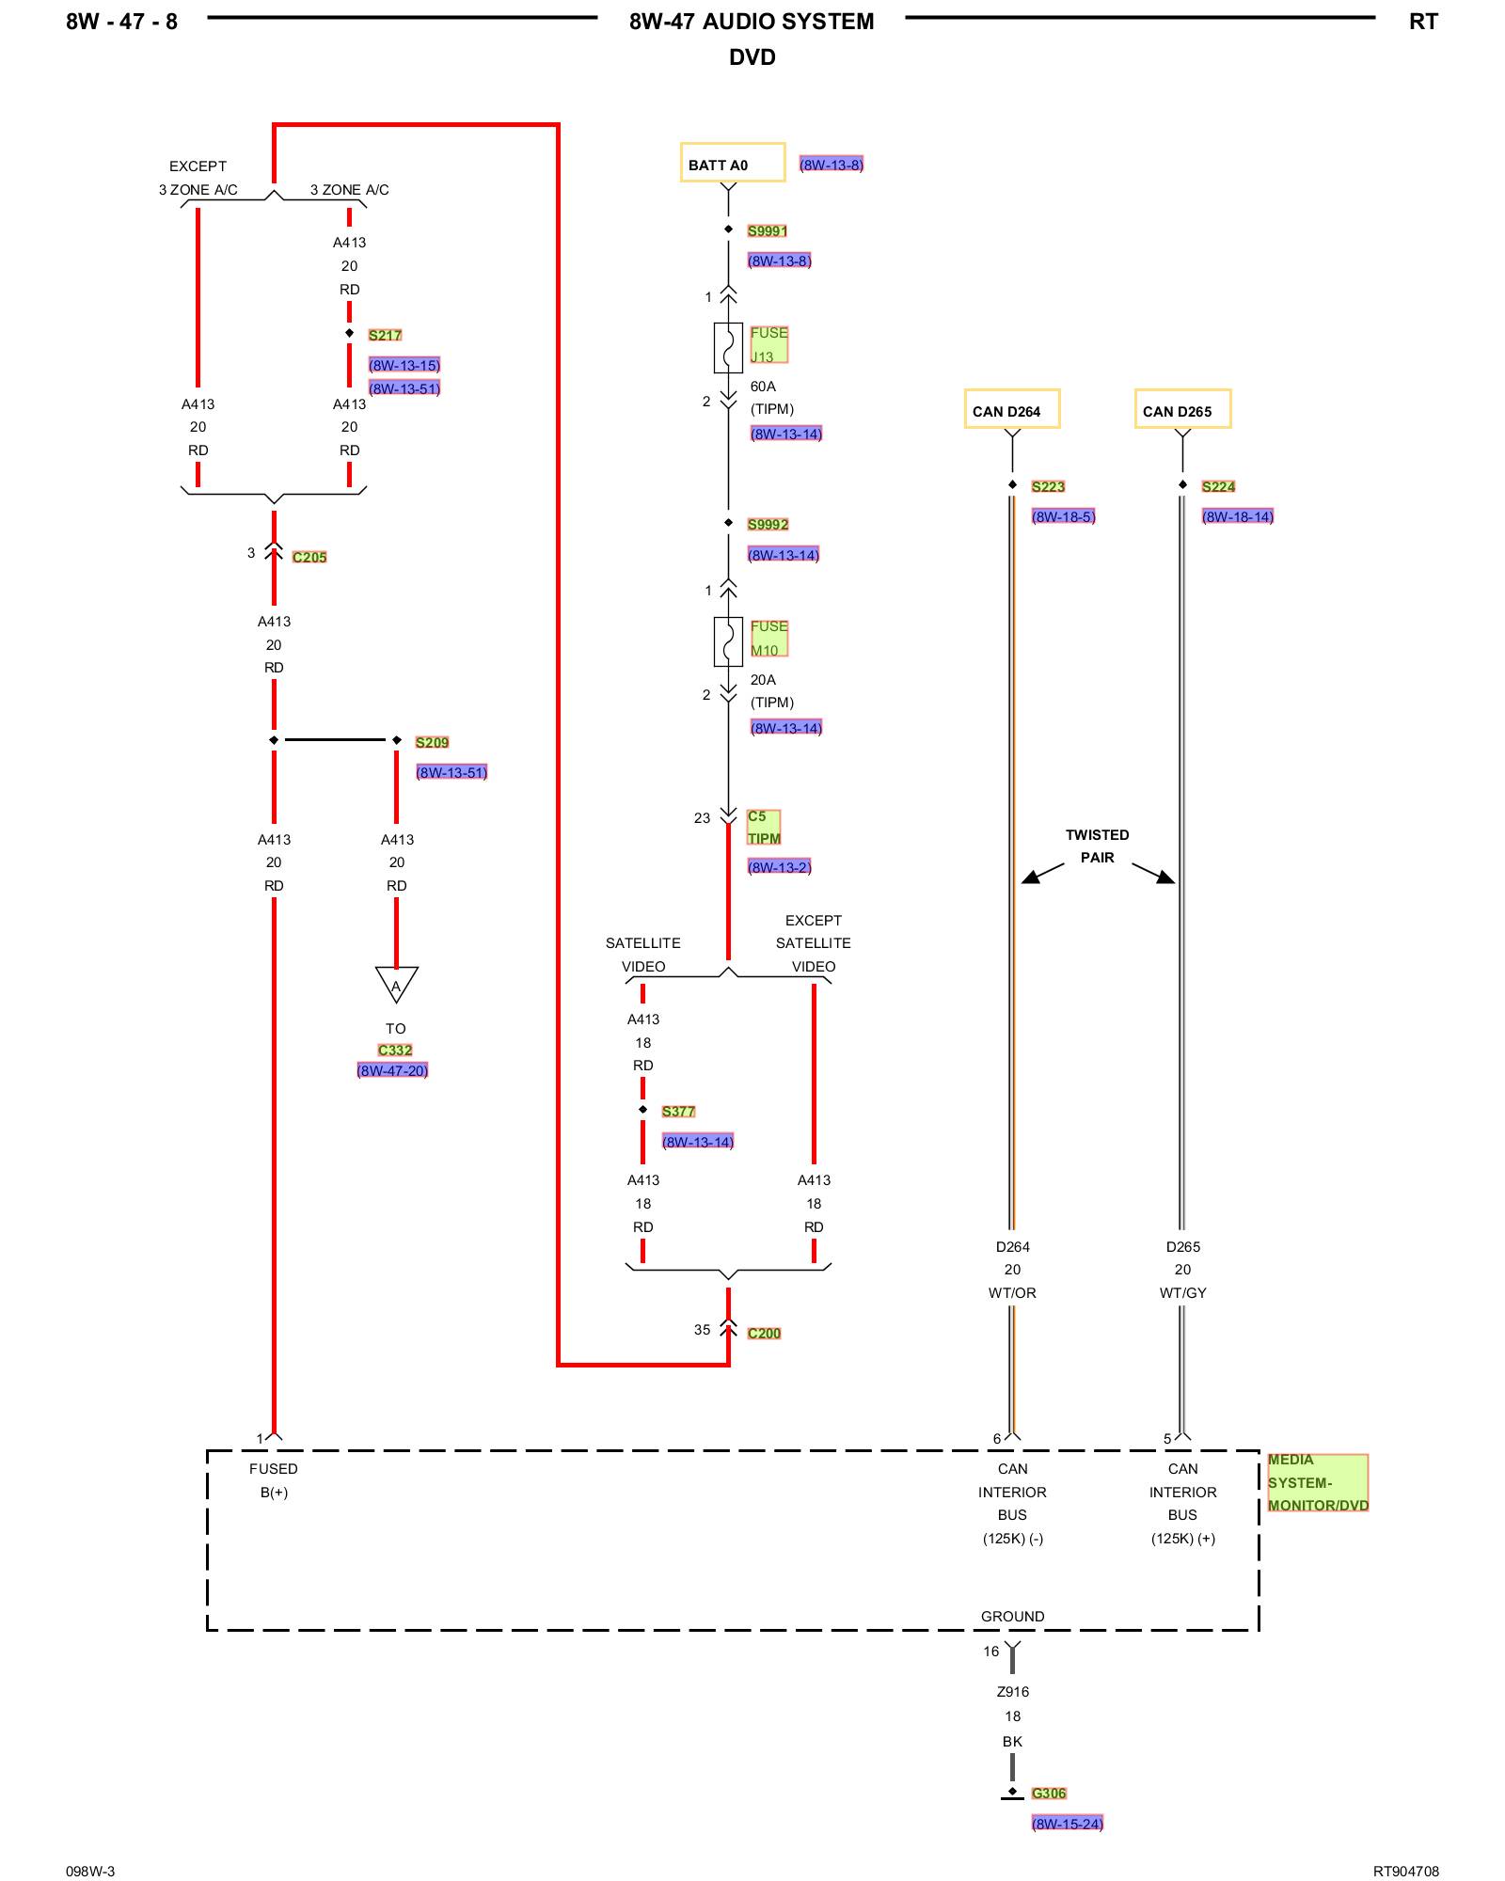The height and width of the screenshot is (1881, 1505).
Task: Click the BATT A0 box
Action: point(732,163)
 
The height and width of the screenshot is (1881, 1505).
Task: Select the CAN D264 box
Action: point(1011,409)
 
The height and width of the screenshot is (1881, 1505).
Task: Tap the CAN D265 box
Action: point(1181,409)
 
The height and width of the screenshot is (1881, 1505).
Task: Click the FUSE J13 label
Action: point(768,344)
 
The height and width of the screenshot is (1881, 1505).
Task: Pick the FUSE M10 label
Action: point(768,638)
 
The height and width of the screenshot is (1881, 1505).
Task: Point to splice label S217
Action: point(385,335)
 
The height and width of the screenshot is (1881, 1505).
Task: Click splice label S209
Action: point(432,742)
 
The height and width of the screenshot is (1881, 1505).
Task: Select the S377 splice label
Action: point(677,1111)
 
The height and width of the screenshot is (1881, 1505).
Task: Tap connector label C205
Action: point(309,557)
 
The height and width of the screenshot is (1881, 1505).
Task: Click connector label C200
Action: point(764,1333)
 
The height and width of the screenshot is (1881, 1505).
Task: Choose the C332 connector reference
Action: point(395,1050)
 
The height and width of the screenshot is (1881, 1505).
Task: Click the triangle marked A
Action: point(396,984)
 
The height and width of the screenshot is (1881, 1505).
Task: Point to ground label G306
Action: point(1048,1793)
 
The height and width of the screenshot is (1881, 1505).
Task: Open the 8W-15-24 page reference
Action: point(1067,1823)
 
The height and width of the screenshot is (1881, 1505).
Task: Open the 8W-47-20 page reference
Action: point(392,1070)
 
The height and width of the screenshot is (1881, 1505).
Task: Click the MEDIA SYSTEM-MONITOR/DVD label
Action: point(1317,1482)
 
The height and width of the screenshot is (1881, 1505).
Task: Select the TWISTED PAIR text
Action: point(1097,846)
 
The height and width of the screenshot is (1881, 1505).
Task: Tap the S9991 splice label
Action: point(767,230)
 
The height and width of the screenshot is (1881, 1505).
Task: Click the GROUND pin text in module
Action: point(1012,1616)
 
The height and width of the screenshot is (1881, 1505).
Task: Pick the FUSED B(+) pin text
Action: point(274,1479)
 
